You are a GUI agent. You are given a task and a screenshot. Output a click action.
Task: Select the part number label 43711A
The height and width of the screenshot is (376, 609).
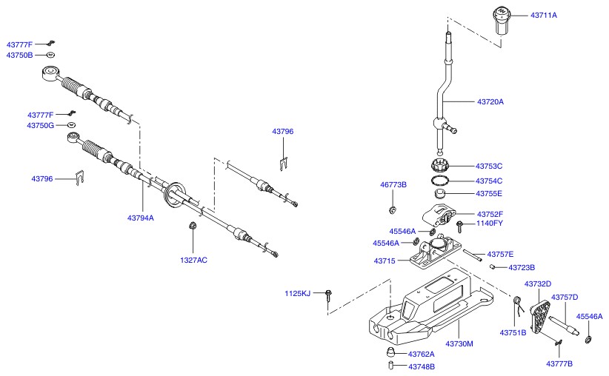pos(543,15)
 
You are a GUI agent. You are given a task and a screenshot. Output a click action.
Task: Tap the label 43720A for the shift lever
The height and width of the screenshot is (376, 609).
pos(490,101)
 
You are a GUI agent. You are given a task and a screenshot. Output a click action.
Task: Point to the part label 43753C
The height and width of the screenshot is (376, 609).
pos(489,166)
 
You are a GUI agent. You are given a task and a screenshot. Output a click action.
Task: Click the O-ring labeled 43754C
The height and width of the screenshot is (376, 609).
pos(442,181)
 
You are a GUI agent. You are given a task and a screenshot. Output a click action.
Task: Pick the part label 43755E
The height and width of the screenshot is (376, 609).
pos(489,193)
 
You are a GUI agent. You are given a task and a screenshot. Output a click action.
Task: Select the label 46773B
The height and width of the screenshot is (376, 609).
pos(393,184)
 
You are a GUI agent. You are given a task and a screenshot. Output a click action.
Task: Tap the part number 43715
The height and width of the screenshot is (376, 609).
pos(384,261)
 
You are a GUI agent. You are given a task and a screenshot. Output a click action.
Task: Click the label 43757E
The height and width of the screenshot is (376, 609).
pos(500,254)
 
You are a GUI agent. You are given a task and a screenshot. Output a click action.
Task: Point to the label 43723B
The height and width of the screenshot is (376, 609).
pos(522,267)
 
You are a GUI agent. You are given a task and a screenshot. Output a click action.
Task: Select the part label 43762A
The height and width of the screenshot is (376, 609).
pos(421,355)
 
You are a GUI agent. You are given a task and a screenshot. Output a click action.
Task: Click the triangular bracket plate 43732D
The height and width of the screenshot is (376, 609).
pos(542,315)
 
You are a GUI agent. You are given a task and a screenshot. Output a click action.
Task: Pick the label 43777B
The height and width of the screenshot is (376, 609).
pos(559,363)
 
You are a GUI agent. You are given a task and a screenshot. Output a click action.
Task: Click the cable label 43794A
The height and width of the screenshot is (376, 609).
pos(140,218)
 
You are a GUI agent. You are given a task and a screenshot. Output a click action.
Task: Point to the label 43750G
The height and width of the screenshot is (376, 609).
pos(41,126)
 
